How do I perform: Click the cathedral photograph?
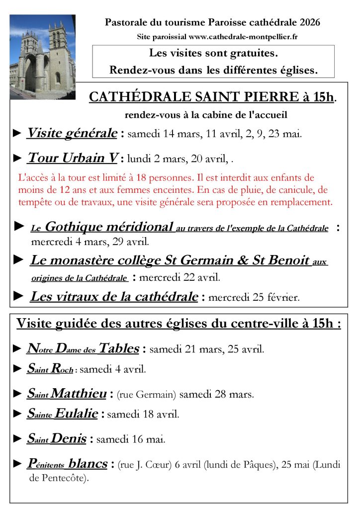(x=42, y=57)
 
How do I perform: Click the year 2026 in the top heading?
(x=310, y=22)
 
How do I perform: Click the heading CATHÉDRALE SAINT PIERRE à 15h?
(x=211, y=97)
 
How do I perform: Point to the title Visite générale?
(x=72, y=133)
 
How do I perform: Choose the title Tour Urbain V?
(x=73, y=159)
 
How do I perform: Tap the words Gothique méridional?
(x=109, y=227)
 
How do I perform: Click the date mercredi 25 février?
(x=254, y=298)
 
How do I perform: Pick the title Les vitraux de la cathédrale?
(x=114, y=297)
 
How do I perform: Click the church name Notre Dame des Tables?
(x=83, y=348)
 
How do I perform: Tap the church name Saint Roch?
(x=50, y=369)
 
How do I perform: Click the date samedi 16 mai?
(x=131, y=439)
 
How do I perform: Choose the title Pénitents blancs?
(x=67, y=464)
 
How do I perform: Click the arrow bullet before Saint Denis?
(x=17, y=439)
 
